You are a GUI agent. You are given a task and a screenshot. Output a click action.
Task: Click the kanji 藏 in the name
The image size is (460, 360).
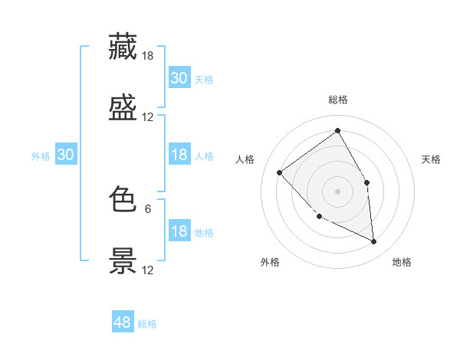(123, 46)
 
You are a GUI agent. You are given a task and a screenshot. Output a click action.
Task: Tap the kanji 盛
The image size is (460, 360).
(123, 107)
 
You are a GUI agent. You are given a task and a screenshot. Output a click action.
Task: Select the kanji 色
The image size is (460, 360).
(123, 198)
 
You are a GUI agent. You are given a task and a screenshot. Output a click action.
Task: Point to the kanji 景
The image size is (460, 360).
(123, 260)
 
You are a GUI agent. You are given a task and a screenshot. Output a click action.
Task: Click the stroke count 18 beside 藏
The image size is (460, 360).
(147, 56)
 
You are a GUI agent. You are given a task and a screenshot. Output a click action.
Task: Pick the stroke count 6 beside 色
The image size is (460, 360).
(148, 209)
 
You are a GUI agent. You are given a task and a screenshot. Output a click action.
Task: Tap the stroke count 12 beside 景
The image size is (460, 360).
(147, 270)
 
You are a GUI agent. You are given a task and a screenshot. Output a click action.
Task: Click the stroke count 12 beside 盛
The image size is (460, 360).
(147, 117)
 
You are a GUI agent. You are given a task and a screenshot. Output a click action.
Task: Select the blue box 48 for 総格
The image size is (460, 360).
(123, 321)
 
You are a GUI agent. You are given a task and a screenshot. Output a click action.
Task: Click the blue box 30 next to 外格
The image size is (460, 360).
(66, 154)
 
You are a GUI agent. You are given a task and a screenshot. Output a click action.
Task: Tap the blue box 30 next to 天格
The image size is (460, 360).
(179, 77)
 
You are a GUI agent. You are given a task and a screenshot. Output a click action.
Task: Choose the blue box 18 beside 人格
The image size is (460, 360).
(179, 154)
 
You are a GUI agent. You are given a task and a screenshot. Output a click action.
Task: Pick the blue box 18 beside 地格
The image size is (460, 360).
(179, 230)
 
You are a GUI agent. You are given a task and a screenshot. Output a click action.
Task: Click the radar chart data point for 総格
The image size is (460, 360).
(337, 130)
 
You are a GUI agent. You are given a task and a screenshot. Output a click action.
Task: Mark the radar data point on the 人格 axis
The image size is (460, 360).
(280, 172)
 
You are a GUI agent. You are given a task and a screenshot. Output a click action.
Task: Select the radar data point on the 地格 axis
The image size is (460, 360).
(373, 241)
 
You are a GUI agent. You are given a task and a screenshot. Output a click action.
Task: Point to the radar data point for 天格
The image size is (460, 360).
(366, 182)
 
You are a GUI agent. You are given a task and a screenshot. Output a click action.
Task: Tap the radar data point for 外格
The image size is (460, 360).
(320, 217)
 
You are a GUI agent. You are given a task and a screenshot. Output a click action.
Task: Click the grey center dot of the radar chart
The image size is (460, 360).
(337, 191)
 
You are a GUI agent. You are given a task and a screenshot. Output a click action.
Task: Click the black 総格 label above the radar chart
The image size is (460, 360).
(337, 100)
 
